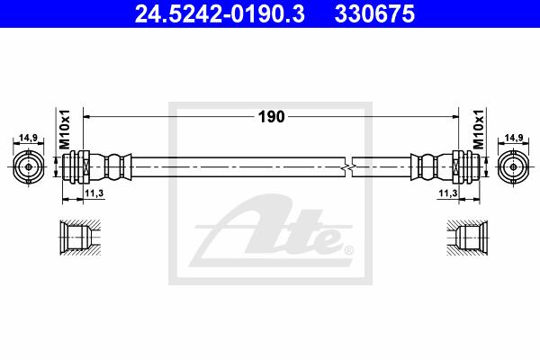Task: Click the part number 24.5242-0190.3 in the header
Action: [x=220, y=14]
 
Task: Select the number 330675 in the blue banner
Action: [x=374, y=14]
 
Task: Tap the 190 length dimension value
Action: [x=272, y=117]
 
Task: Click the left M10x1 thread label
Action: [x=65, y=130]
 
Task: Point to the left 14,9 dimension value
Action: [x=28, y=138]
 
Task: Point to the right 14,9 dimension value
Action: [x=514, y=138]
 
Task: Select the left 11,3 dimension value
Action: [x=94, y=193]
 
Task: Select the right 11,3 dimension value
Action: [x=448, y=193]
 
